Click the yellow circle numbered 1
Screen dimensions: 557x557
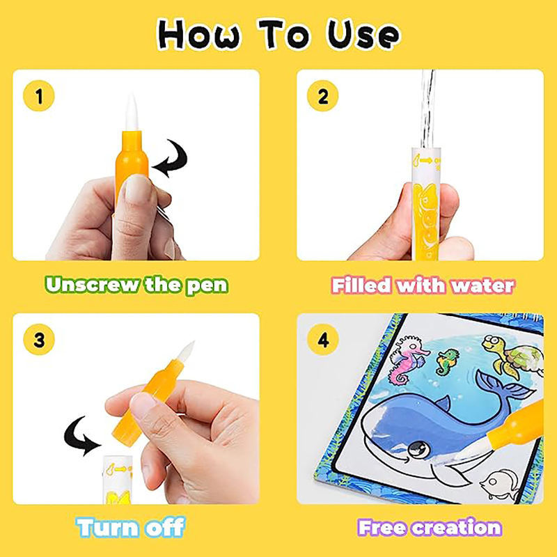(39, 96)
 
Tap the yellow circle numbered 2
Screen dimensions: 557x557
(322, 96)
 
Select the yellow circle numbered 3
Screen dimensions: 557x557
(39, 340)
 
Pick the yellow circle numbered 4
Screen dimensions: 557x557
(322, 340)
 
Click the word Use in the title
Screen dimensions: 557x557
(363, 35)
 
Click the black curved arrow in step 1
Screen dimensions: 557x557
(171, 159)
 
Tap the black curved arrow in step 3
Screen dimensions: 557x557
(81, 436)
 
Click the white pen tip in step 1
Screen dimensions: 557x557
(131, 112)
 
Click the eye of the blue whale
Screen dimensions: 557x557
(418, 449)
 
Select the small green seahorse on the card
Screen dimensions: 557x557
(447, 361)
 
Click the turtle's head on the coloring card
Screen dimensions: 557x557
(492, 342)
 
